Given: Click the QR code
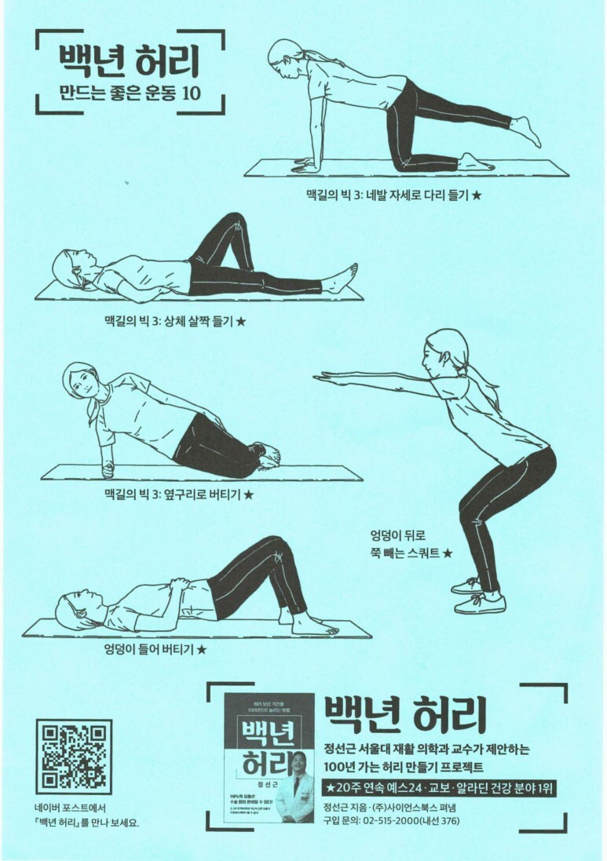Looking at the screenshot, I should pyautogui.click(x=73, y=755).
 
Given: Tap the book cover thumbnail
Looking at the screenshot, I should pyautogui.click(x=269, y=757).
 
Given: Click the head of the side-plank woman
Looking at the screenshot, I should pyautogui.click(x=80, y=385).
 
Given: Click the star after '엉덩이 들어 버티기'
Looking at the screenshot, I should pyautogui.click(x=201, y=649).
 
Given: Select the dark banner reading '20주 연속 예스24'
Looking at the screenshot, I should pyautogui.click(x=440, y=786).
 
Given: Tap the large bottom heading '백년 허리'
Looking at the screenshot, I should pyautogui.click(x=407, y=713).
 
